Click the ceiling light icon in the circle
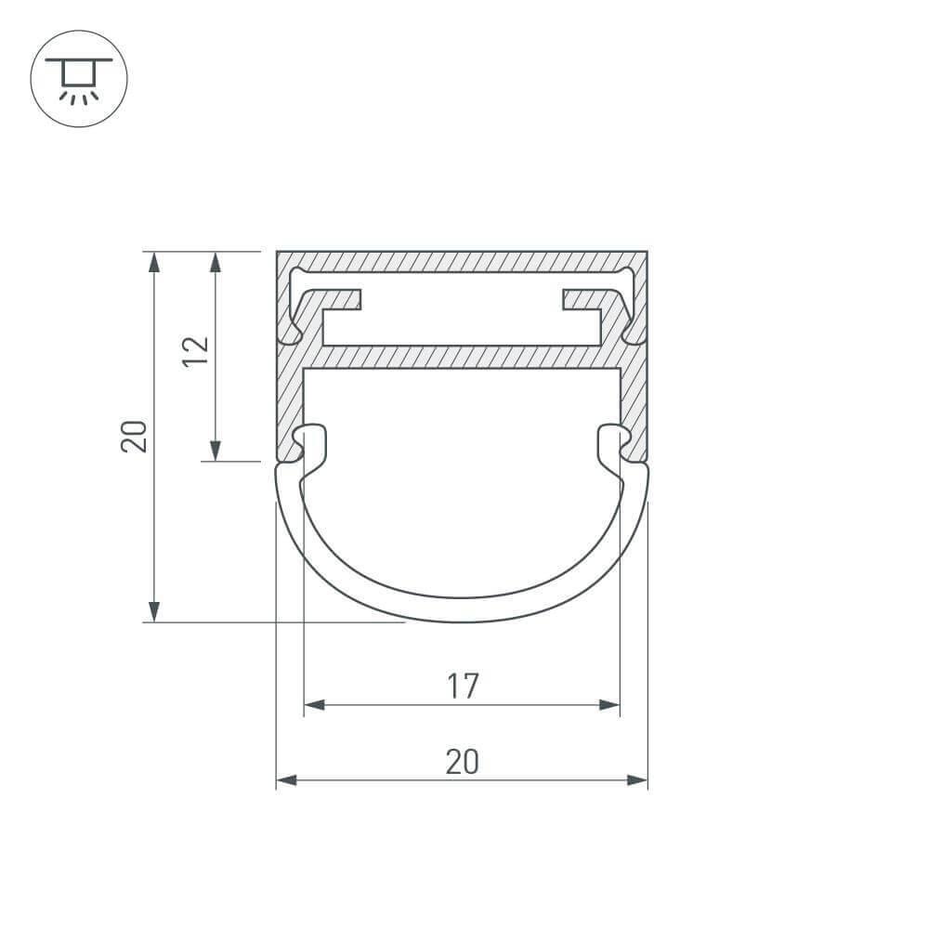(x=79, y=78)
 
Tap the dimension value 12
(x=196, y=351)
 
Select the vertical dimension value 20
(x=135, y=436)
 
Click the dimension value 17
(x=462, y=687)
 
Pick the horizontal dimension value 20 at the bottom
(x=462, y=762)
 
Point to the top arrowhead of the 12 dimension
(x=216, y=262)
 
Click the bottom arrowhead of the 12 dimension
(x=216, y=451)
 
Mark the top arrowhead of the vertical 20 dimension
(x=154, y=262)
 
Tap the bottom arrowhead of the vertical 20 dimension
(x=154, y=611)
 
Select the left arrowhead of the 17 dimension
(x=314, y=705)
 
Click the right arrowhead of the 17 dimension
(x=609, y=705)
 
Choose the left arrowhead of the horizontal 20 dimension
(x=286, y=780)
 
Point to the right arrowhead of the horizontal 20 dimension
(x=637, y=780)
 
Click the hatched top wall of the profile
(x=462, y=262)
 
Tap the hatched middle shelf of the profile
(x=462, y=357)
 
